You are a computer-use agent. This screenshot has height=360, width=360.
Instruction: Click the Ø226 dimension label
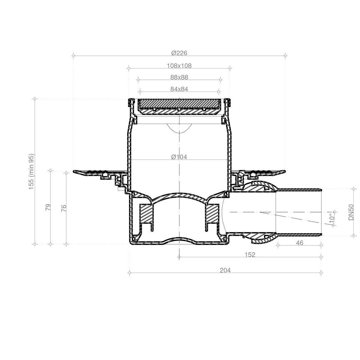(179, 53)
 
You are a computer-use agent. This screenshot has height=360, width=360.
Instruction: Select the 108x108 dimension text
(179, 66)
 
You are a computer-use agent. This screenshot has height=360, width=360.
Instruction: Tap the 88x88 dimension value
(179, 77)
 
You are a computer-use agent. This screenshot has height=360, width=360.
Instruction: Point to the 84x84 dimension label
(179, 89)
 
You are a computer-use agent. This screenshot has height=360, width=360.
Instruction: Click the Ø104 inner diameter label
(179, 157)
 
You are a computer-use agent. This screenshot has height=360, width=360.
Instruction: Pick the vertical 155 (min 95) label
(31, 172)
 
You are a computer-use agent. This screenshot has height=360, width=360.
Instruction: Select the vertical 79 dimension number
(48, 207)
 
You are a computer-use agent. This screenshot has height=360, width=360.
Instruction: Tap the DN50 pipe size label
(351, 212)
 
